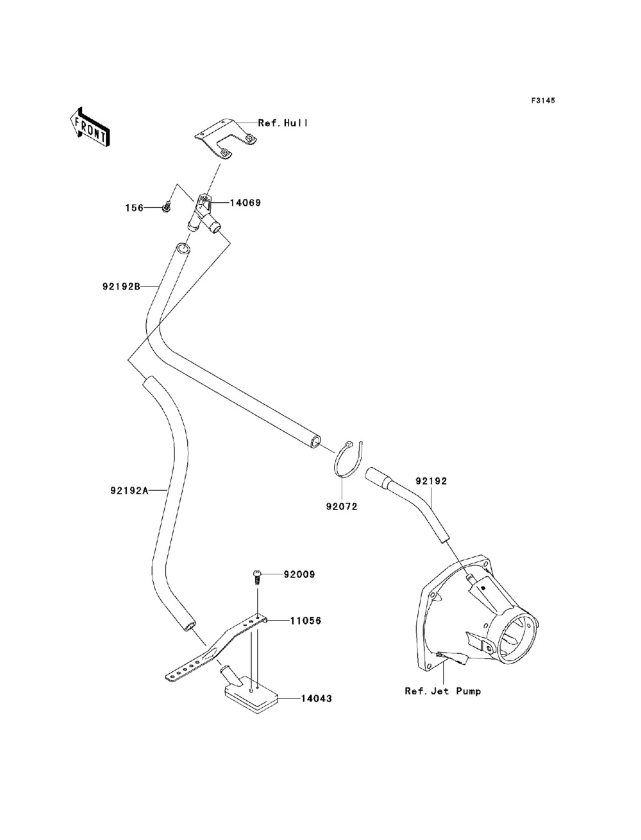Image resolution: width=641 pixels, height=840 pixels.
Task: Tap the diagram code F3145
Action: (x=543, y=101)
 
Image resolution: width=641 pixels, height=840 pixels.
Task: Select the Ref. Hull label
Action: (x=283, y=123)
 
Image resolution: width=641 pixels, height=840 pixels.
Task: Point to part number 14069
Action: (x=245, y=203)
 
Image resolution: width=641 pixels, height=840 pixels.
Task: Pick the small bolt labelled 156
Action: (x=166, y=207)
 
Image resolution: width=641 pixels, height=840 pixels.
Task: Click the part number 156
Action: (x=135, y=208)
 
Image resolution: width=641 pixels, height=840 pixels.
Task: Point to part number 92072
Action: (x=342, y=506)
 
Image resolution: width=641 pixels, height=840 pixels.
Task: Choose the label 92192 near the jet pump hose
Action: (x=431, y=481)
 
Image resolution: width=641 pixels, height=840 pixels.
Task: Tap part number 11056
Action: (x=305, y=621)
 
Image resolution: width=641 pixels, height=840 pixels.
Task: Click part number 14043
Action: (x=317, y=699)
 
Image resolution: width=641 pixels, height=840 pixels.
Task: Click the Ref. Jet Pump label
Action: (x=443, y=691)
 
